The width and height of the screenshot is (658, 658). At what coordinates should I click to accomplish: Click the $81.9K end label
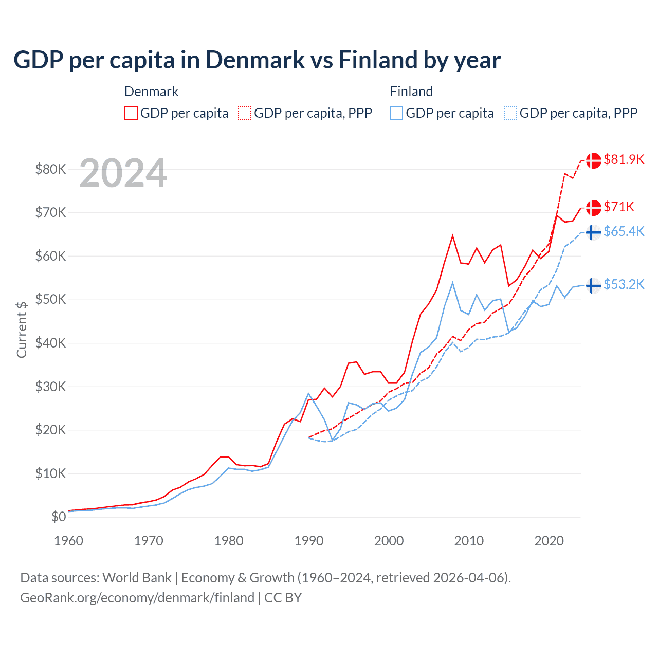pyautogui.click(x=624, y=160)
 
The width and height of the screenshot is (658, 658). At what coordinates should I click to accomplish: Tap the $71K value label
pyautogui.click(x=619, y=207)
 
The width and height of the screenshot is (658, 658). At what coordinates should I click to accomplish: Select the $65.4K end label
pyautogui.click(x=624, y=232)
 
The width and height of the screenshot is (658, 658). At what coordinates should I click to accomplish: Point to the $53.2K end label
pyautogui.click(x=624, y=285)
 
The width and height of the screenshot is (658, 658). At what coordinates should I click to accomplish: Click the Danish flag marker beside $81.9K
pyautogui.click(x=594, y=160)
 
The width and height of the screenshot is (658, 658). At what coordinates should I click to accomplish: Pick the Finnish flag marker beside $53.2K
pyautogui.click(x=594, y=285)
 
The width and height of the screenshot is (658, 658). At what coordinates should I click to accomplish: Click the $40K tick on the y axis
pyautogui.click(x=50, y=343)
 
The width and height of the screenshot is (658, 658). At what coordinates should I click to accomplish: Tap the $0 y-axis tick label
pyautogui.click(x=59, y=517)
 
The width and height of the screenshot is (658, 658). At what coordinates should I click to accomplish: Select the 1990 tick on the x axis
pyautogui.click(x=309, y=541)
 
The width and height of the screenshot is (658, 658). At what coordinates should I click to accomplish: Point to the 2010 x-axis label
pyautogui.click(x=469, y=541)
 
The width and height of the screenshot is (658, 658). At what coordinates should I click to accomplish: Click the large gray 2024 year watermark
pyautogui.click(x=123, y=174)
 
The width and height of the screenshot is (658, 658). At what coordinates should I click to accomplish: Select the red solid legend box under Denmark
pyautogui.click(x=131, y=113)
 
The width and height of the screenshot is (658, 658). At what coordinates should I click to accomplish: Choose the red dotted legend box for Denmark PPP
pyautogui.click(x=245, y=113)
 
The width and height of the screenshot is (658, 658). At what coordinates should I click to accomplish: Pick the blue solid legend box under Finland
pyautogui.click(x=396, y=113)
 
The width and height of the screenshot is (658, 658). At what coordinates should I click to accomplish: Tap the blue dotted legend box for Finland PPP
pyautogui.click(x=510, y=113)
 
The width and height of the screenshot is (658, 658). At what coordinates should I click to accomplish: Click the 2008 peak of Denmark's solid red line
pyautogui.click(x=452, y=236)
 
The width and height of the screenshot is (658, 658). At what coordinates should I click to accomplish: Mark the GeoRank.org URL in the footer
pyautogui.click(x=137, y=598)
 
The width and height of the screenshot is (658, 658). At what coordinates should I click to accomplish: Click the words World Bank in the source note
pyautogui.click(x=137, y=578)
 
